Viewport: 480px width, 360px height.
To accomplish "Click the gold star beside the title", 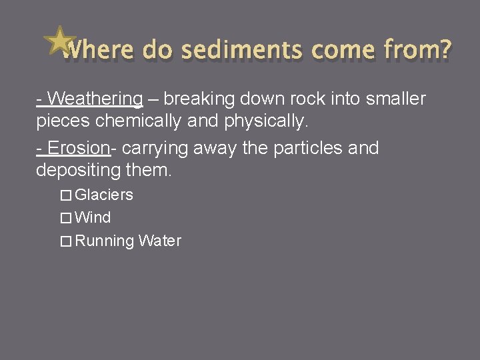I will click(x=59, y=41).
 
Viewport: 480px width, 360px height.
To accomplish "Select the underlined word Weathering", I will click(x=95, y=99).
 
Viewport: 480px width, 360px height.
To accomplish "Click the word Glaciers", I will click(x=104, y=195).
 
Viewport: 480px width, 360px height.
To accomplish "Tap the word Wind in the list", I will click(x=93, y=218).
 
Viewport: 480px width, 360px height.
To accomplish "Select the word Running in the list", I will click(x=105, y=241).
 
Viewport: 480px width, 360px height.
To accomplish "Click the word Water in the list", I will click(x=160, y=241).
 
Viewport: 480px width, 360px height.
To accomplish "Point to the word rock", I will click(x=269, y=99).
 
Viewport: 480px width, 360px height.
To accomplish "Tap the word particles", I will click(x=303, y=148).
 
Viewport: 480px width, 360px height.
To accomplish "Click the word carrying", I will click(x=151, y=148).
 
